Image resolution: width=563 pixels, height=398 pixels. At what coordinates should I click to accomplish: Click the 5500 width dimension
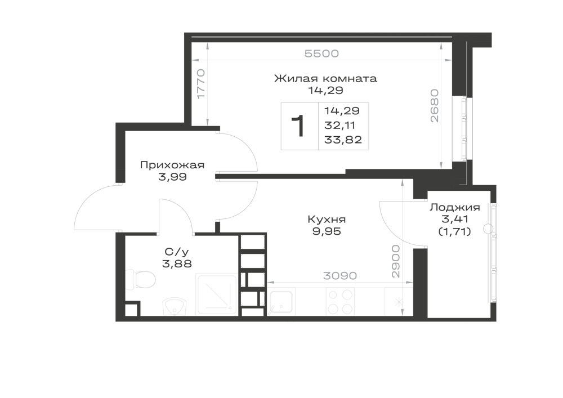coord(321,53)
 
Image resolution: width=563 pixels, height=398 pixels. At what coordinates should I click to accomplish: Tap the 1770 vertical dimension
coord(201,84)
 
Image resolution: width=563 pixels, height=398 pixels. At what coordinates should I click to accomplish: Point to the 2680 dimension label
coord(435,106)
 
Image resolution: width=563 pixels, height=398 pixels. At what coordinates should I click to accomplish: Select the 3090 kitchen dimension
coord(339,276)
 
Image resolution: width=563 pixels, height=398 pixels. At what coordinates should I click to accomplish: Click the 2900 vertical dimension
coord(395,261)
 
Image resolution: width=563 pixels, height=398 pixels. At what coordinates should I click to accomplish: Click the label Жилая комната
coord(325,78)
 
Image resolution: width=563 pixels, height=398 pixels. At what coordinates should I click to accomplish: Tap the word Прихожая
coord(172,165)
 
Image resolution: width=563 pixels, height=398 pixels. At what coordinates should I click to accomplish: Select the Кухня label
coord(327,219)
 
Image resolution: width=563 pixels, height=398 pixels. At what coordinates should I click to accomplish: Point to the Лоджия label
coord(455,207)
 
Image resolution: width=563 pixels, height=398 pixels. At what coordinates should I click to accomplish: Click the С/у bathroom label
coord(177,252)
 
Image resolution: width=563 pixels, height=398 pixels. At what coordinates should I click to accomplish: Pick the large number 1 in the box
coord(298,126)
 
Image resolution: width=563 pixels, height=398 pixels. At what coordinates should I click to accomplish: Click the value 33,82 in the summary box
coord(343,140)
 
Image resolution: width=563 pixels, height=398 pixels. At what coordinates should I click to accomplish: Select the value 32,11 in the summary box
coord(339,125)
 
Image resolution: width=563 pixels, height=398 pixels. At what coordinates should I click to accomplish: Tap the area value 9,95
coord(327,231)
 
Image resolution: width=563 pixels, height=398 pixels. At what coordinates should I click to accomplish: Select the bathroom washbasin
coord(174,307)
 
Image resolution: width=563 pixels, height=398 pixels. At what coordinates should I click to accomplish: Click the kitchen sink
coord(280,302)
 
